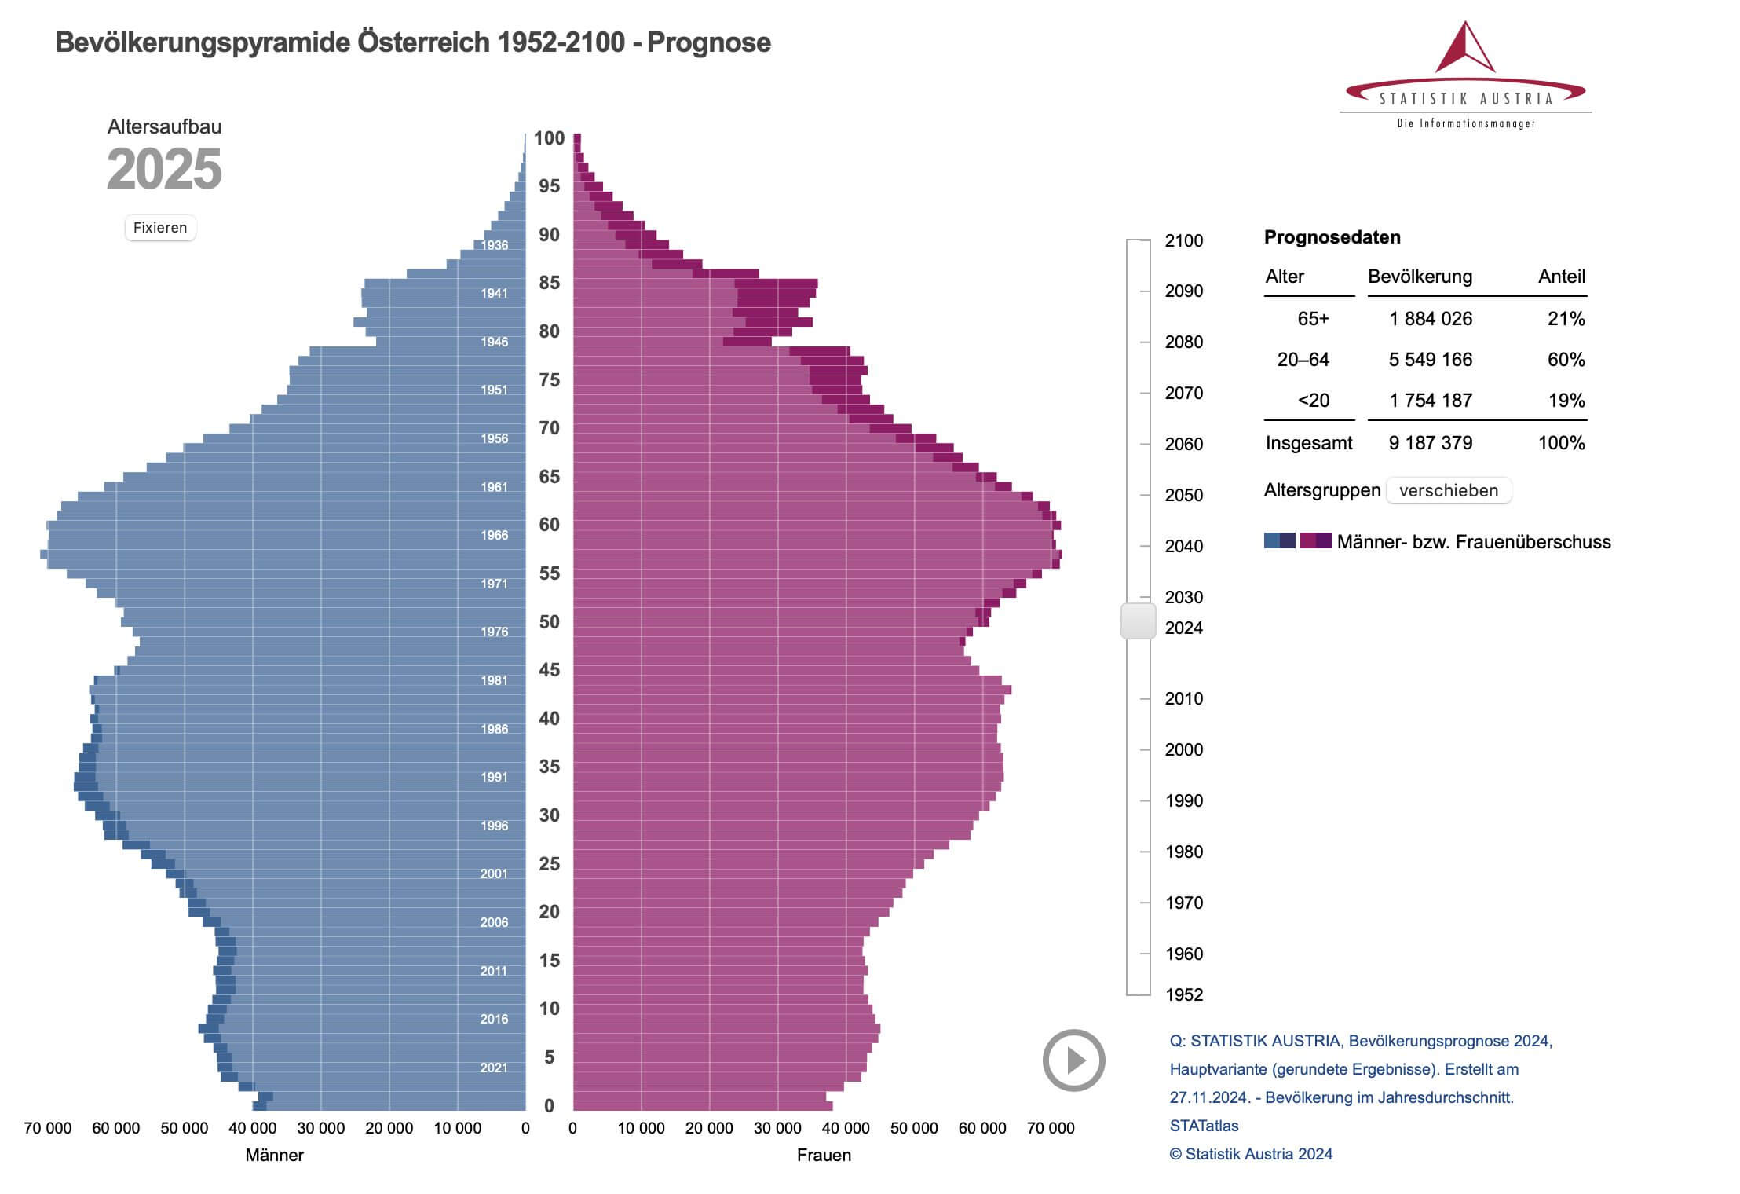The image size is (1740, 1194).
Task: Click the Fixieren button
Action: [x=160, y=228]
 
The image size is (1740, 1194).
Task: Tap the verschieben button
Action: [x=1448, y=490]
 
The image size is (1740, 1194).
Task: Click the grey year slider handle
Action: [x=1138, y=621]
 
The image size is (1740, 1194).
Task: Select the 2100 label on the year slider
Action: [x=1183, y=240]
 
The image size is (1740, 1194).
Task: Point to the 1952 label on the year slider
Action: [x=1184, y=994]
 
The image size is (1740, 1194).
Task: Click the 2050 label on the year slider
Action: [x=1183, y=495]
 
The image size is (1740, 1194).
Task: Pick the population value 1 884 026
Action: [x=1430, y=319]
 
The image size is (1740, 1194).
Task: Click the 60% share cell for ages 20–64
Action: [x=1566, y=360]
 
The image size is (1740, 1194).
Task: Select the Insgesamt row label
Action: [x=1308, y=443]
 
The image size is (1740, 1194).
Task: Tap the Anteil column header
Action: [x=1561, y=277]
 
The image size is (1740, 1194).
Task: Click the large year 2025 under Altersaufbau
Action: [x=164, y=170]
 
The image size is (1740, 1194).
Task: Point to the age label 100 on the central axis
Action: [x=549, y=138]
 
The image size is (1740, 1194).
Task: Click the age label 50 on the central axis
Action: [x=549, y=622]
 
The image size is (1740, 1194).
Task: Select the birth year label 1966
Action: [x=494, y=535]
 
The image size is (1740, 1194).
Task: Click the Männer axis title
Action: [x=274, y=1155]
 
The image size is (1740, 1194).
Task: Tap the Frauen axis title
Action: [x=824, y=1155]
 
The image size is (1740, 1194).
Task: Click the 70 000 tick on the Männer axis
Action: [x=48, y=1128]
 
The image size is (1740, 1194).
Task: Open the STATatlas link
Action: [x=1204, y=1126]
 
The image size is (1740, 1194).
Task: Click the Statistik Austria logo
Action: [x=1465, y=75]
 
